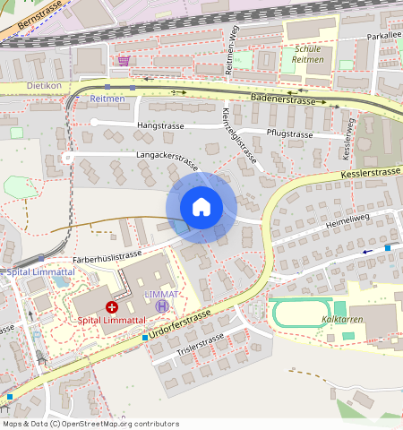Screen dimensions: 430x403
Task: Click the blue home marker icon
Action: [201, 207]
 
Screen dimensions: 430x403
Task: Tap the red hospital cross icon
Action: [112, 307]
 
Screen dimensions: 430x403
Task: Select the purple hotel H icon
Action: [162, 306]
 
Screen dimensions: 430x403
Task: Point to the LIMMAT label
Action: [162, 294]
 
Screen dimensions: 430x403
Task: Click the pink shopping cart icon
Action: [123, 60]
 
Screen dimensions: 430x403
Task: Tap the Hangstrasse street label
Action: [161, 126]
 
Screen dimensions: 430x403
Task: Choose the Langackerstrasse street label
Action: [167, 159]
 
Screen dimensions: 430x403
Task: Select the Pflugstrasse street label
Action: [289, 133]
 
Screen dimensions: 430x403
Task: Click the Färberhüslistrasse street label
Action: [107, 256]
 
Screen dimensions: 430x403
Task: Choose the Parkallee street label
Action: [383, 37]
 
